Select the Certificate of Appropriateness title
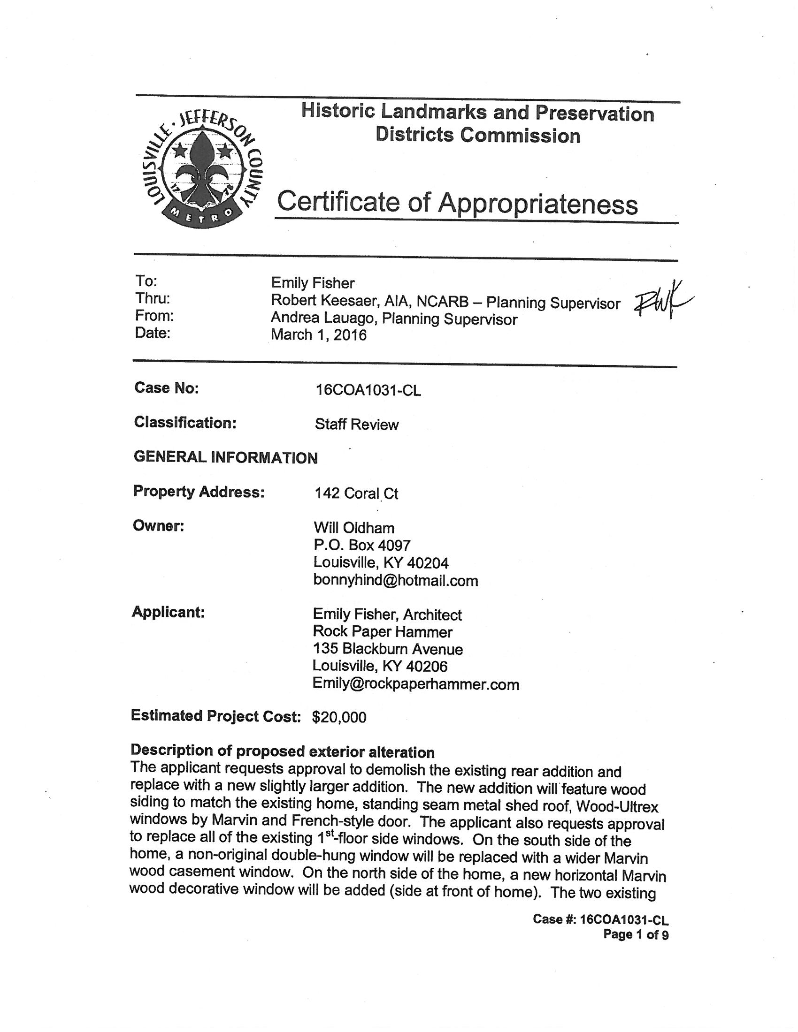[x=457, y=204]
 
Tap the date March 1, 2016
[x=318, y=335]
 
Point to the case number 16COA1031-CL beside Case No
[x=368, y=390]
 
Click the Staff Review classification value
[x=356, y=425]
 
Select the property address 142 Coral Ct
[x=356, y=493]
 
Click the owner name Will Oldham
[x=353, y=528]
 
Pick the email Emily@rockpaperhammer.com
[x=415, y=684]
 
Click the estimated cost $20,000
[x=339, y=717]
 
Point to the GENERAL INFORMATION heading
[x=225, y=457]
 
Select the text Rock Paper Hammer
[x=383, y=632]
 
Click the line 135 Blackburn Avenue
[x=388, y=649]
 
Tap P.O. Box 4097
[x=362, y=545]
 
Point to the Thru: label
[x=152, y=299]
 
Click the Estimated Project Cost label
[x=215, y=716]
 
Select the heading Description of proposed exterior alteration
[x=282, y=751]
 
